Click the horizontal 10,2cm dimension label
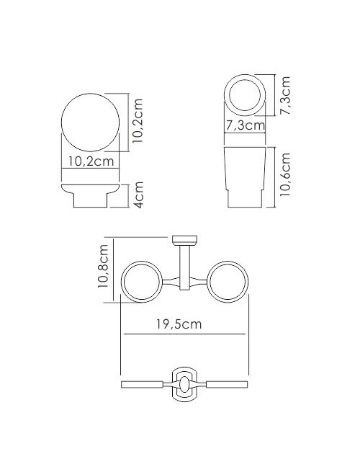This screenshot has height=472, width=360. [91, 161]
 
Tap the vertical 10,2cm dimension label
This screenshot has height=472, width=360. [138, 121]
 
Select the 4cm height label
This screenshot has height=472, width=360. [139, 195]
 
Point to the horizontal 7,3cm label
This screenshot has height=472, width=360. [245, 125]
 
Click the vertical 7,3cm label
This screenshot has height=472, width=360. [285, 95]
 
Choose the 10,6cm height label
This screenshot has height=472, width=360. [285, 174]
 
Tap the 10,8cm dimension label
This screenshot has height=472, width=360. [103, 266]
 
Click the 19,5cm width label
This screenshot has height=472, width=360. [179, 324]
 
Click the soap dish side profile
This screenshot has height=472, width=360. [90, 195]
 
